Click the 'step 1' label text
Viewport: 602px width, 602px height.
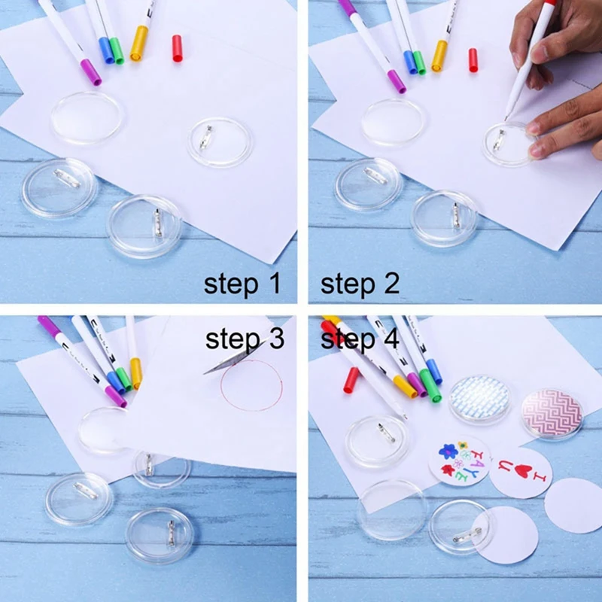coord(242,284)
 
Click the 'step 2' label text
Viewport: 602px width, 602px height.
coord(360,284)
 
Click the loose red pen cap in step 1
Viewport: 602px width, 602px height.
coord(178,47)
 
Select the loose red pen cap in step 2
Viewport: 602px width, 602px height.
coord(473,59)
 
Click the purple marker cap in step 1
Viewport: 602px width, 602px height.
coord(91,71)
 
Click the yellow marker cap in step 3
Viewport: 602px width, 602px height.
coord(135,372)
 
